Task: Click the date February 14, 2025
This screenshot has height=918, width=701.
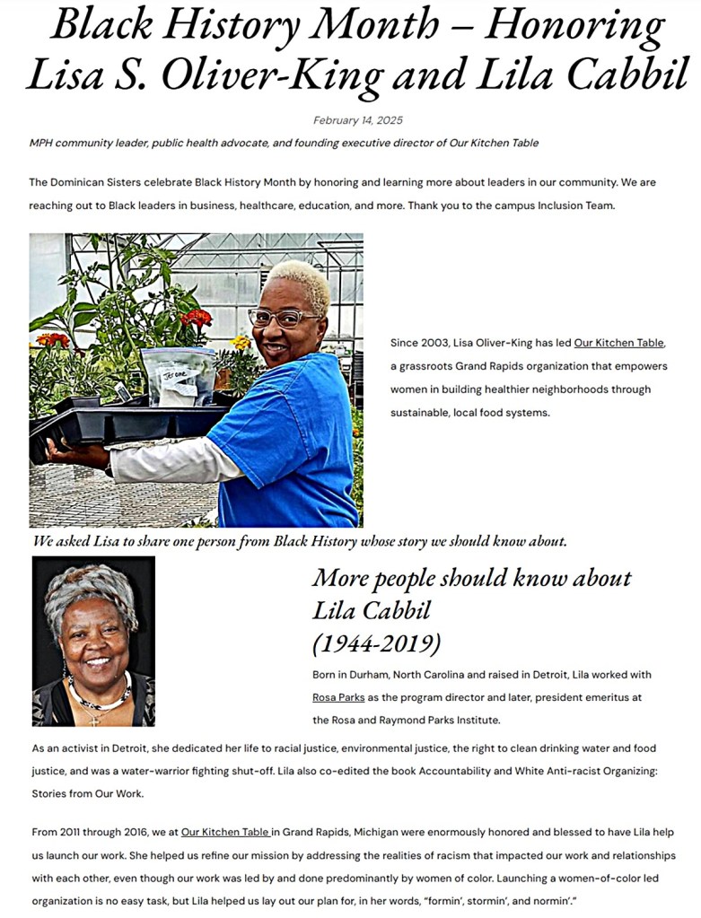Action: (x=358, y=120)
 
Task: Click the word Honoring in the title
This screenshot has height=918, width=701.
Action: (x=575, y=27)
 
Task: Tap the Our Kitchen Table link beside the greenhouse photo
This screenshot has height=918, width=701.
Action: (x=618, y=343)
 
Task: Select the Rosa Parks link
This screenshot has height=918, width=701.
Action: (x=338, y=696)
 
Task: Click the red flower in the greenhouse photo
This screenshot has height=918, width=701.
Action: (x=196, y=318)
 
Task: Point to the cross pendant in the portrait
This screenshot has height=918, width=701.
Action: (x=92, y=719)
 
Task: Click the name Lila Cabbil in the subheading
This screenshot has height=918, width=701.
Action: (x=372, y=611)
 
